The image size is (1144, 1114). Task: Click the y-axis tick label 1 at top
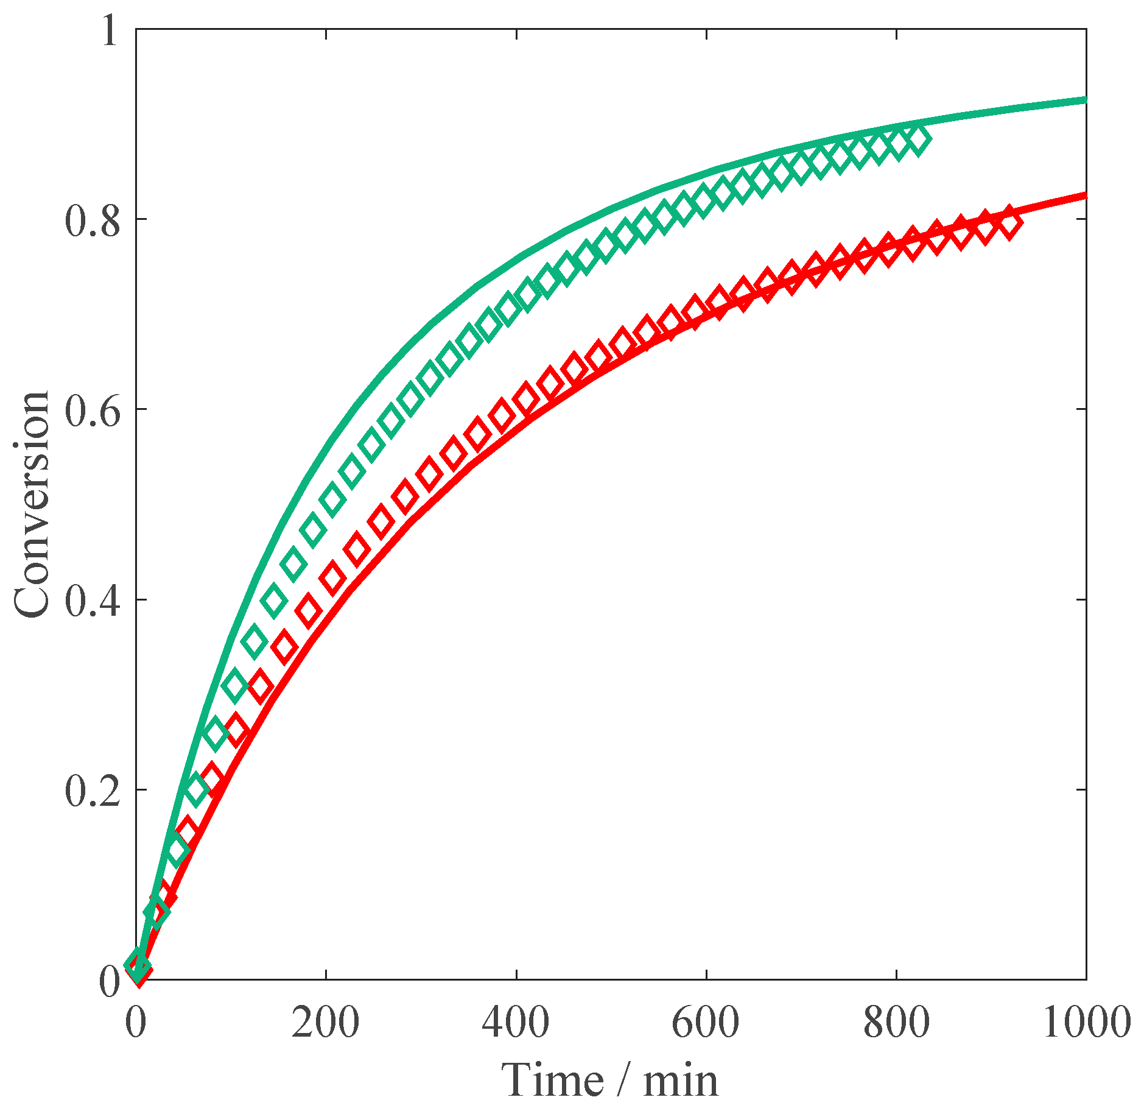point(110,30)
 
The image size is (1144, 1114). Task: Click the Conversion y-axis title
point(32,504)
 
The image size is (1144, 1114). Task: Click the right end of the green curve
point(1084,100)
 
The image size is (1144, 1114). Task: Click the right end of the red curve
point(1084,196)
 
